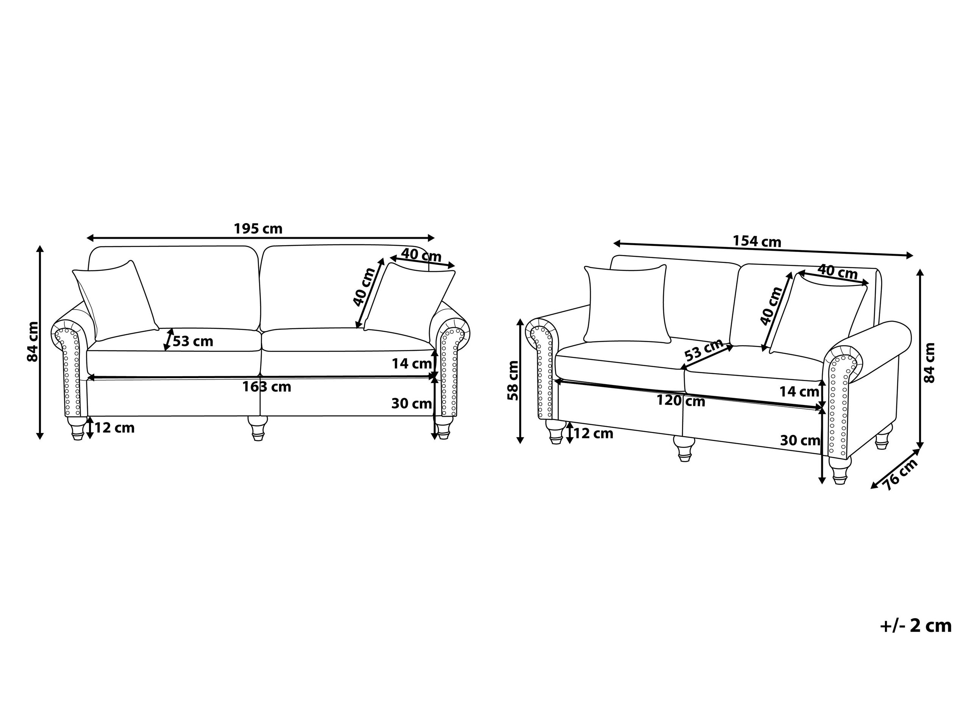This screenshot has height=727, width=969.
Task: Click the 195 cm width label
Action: [258, 229]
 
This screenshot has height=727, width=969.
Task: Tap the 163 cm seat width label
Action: [267, 387]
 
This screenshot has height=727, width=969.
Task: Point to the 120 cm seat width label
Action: [681, 400]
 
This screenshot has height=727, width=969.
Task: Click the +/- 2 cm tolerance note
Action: [916, 626]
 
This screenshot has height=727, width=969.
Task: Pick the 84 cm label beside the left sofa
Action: [33, 342]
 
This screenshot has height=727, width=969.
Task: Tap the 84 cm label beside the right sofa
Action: [929, 363]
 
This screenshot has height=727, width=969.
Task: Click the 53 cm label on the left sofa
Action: [193, 341]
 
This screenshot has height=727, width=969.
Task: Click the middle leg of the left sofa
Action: [257, 428]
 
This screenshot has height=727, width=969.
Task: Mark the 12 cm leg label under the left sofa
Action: [114, 428]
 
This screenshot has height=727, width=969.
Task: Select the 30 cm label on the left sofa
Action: [411, 403]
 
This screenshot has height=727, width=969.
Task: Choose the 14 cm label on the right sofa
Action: [799, 391]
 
